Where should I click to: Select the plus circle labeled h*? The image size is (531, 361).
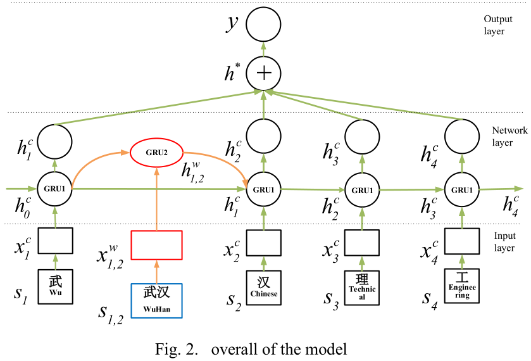tap(263, 73)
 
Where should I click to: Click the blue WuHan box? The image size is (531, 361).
tap(156, 300)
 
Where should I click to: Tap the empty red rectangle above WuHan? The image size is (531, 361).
tap(156, 245)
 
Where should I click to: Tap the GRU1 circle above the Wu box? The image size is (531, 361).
tap(55, 189)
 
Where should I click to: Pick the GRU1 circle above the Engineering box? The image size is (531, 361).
tap(461, 189)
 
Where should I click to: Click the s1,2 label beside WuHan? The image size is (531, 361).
tap(111, 311)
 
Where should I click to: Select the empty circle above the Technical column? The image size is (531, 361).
tap(362, 135)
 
